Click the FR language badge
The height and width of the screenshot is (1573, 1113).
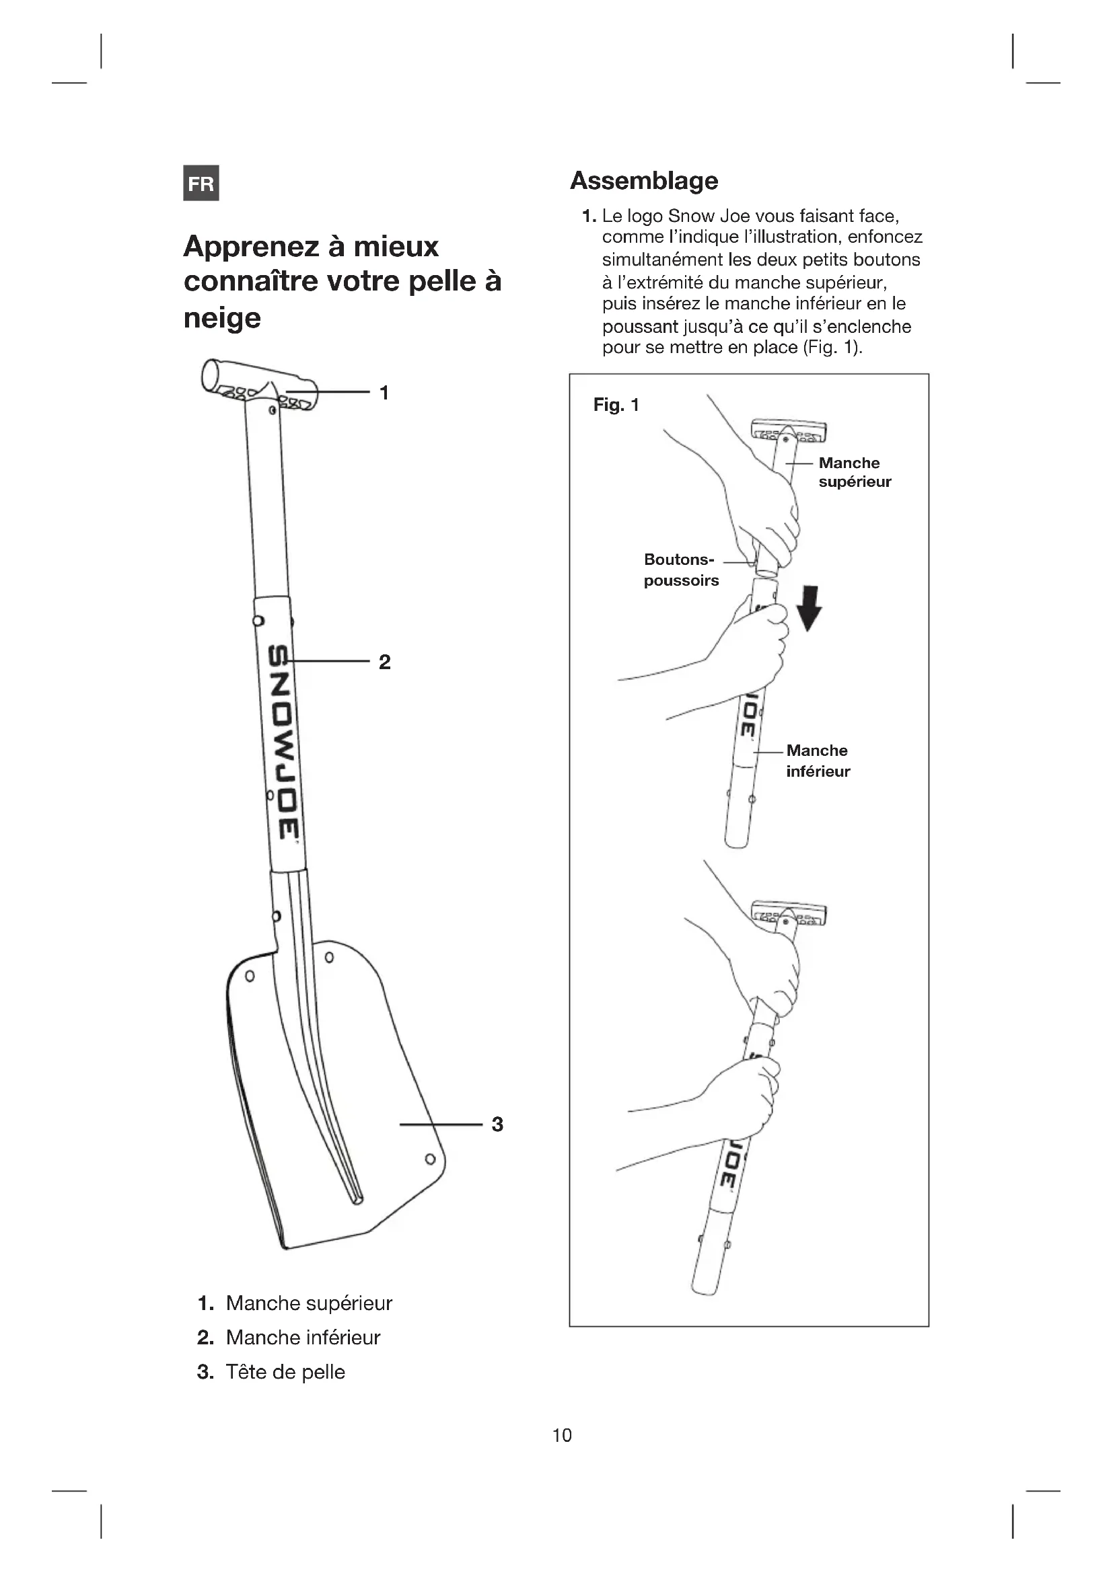201,183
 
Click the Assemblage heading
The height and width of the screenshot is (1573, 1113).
643,181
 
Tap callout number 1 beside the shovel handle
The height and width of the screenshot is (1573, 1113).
384,393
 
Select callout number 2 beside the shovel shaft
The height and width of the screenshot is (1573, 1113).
384,662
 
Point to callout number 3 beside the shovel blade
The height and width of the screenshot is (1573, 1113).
497,1124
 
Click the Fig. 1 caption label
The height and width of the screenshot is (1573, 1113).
616,405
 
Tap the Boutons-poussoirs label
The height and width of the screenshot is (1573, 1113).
680,570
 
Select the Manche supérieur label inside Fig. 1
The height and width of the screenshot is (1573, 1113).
854,472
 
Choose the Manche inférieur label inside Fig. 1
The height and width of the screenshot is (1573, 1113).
818,761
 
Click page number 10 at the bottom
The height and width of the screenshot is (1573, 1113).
562,1435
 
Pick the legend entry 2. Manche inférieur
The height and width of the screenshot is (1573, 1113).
289,1338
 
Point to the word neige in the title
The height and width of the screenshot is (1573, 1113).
222,318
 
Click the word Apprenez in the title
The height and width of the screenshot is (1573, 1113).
251,247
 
